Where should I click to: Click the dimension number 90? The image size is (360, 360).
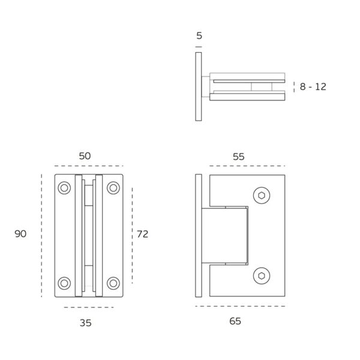(x=20, y=234)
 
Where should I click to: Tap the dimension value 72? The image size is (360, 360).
(x=142, y=234)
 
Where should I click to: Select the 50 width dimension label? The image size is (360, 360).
(x=85, y=155)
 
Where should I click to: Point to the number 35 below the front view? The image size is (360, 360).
(x=86, y=323)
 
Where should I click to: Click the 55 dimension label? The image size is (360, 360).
(x=238, y=157)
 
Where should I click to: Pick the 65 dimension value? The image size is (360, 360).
(x=235, y=321)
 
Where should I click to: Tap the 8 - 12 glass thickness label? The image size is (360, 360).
(x=313, y=86)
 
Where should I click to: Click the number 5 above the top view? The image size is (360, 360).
(x=199, y=36)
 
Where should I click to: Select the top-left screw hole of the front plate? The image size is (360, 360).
(x=64, y=188)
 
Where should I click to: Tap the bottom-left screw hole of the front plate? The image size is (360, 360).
(x=64, y=283)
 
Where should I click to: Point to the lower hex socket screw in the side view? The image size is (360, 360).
(x=261, y=275)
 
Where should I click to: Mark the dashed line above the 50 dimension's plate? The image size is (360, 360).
(x=89, y=166)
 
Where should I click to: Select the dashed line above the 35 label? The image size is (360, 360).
(x=89, y=307)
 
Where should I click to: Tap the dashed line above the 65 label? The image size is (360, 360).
(x=240, y=307)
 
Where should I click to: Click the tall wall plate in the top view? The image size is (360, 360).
(x=199, y=86)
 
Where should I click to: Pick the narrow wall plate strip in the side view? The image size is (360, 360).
(x=199, y=235)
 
